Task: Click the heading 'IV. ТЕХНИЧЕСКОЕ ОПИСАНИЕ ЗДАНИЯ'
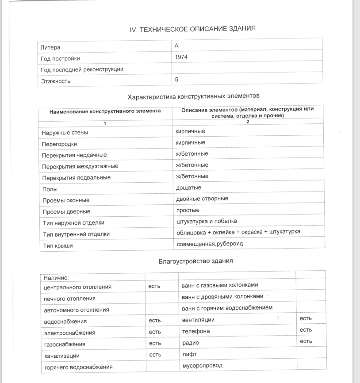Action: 193,29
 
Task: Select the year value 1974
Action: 181,57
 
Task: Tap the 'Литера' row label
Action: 50,47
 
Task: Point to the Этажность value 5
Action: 177,80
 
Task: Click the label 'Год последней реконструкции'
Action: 82,69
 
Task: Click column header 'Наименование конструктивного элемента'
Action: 105,111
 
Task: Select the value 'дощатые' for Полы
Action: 188,188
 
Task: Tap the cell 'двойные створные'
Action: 202,199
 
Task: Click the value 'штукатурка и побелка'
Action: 207,221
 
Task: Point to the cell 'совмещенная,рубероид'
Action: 210,244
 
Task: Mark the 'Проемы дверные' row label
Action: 66,211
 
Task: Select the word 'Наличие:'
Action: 56,278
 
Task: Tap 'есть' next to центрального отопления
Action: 154,286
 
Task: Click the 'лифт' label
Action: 190,354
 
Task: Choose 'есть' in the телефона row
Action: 306,329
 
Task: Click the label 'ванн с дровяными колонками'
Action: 222,296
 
